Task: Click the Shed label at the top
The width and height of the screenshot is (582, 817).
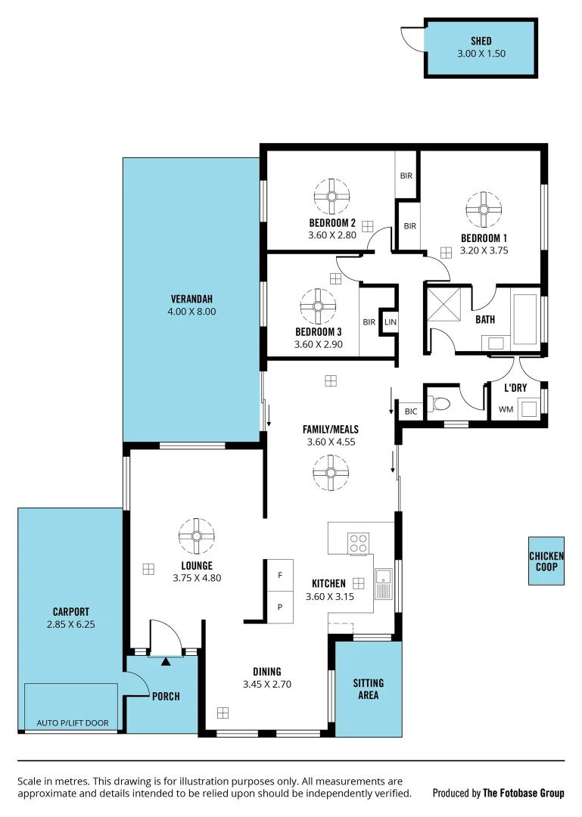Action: (x=481, y=42)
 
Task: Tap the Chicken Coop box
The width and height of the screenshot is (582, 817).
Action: (x=546, y=561)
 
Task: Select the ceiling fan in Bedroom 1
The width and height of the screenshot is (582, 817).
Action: (x=484, y=209)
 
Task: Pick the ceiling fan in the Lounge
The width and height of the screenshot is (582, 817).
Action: (x=196, y=536)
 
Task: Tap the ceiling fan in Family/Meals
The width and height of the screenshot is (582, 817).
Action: (x=331, y=474)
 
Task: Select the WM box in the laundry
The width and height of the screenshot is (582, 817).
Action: (x=505, y=409)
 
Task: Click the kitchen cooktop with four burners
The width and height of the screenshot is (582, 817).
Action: (x=358, y=543)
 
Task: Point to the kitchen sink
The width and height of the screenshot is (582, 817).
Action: (x=383, y=582)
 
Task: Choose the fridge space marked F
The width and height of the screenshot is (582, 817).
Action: (x=279, y=576)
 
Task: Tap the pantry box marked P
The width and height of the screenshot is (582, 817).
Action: (x=279, y=607)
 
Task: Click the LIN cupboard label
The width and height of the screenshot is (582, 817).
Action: (x=390, y=322)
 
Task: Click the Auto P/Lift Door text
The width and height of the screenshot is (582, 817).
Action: (x=73, y=723)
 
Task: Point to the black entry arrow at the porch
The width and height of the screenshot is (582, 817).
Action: (x=166, y=662)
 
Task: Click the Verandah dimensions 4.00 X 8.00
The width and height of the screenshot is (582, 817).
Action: (x=193, y=311)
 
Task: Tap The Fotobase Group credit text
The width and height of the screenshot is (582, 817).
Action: (x=524, y=793)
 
